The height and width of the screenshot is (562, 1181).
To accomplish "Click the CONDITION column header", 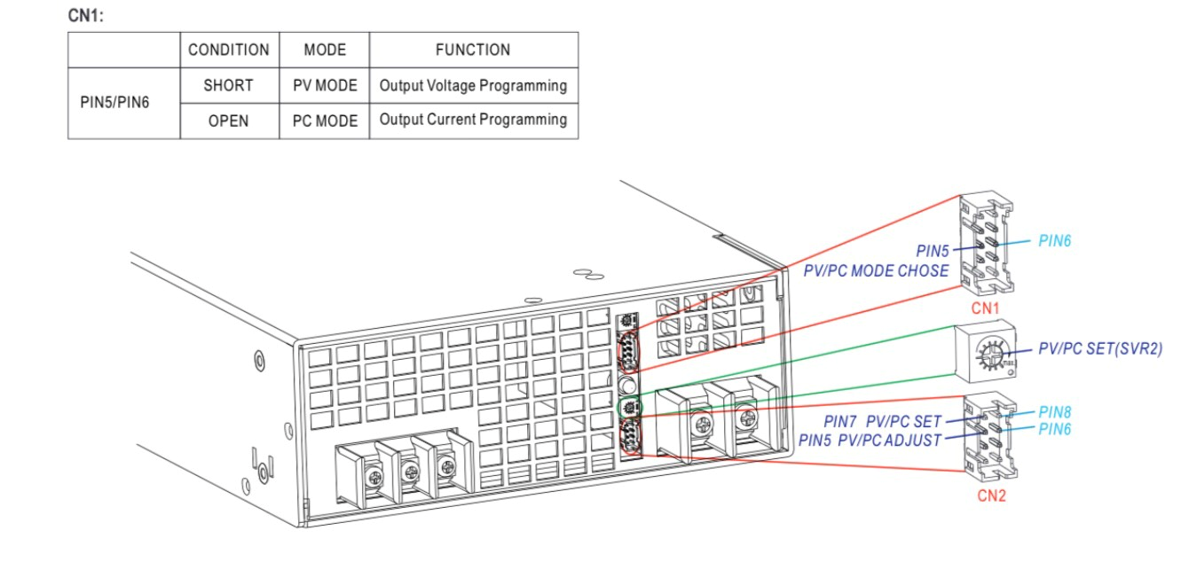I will click(x=229, y=50).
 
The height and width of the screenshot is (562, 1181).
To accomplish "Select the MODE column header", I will click(x=325, y=50).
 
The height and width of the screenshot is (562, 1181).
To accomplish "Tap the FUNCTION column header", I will click(x=473, y=50).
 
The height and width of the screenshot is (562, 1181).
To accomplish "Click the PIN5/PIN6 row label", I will click(x=114, y=103).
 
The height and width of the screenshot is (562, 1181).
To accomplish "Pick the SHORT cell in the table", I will click(x=228, y=86).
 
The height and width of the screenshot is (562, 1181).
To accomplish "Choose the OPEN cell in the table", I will click(x=228, y=121).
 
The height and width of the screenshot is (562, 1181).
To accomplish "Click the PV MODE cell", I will click(x=325, y=86).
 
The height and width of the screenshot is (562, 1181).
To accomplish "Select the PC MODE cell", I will click(x=325, y=121).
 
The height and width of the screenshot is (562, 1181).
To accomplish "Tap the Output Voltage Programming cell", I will click(x=473, y=86).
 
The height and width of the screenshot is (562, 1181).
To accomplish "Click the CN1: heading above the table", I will click(x=85, y=16).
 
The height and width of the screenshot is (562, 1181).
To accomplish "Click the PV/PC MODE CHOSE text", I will click(x=876, y=270).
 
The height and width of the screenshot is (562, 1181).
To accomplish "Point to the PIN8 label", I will click(x=1055, y=412).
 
